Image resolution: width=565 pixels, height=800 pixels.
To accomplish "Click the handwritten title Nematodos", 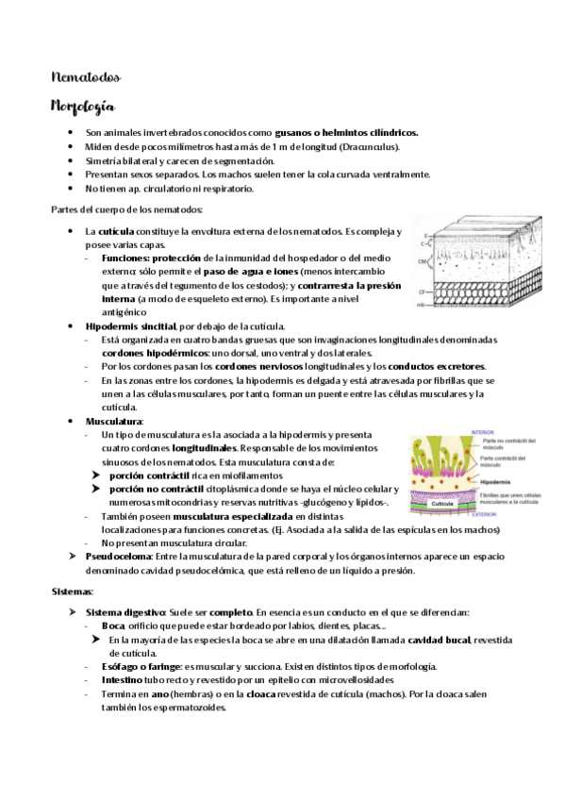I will point(85,76).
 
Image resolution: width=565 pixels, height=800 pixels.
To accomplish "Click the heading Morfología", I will point(83,106).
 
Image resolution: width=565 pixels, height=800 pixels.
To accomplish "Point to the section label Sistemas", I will point(71,591).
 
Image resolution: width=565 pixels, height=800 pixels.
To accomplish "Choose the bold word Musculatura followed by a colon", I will point(113,421).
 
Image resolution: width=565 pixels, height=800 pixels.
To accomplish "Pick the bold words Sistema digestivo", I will point(126,612).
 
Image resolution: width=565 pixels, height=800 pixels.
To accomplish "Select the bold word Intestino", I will point(122,679).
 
